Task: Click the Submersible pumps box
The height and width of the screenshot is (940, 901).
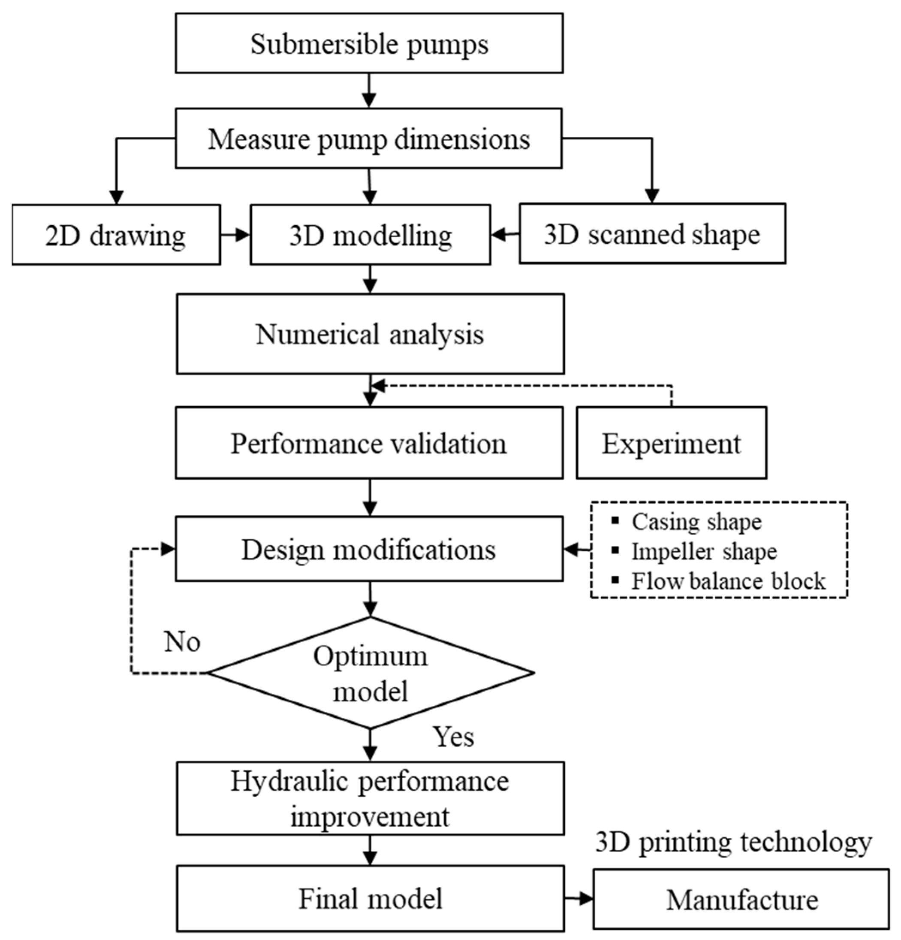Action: coord(369,43)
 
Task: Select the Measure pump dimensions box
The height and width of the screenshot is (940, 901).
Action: coord(368,138)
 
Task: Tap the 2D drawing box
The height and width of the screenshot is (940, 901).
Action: coord(116,235)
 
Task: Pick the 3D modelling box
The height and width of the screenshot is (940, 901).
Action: coord(370,235)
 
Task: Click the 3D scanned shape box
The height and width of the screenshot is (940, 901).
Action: coord(652,233)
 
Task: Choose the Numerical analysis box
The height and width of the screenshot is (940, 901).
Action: coord(370,334)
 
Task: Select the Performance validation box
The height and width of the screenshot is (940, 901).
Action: coord(369,443)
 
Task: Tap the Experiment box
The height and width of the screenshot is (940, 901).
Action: coord(671,443)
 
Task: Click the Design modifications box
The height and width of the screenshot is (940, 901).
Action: coord(369,549)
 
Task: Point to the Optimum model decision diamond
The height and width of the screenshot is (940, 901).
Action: coord(370,672)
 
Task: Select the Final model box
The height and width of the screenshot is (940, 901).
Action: coord(370,898)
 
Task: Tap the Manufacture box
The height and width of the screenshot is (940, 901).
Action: coord(741,899)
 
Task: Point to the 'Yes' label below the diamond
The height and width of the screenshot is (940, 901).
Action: coord(453,736)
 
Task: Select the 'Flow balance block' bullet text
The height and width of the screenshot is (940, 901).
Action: coord(728,581)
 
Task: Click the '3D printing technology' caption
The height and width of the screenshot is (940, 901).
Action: coord(733,842)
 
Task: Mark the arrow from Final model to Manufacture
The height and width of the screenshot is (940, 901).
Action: coord(578,898)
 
